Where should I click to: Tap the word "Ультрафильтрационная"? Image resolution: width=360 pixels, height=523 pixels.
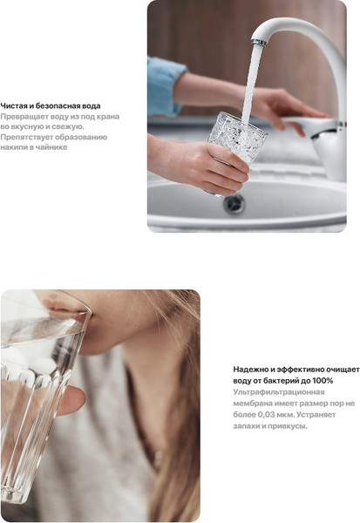pos(279,392)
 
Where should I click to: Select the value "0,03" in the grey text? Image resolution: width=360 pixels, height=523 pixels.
pos(266,415)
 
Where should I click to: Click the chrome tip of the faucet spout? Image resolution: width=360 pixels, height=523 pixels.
pos(259,43)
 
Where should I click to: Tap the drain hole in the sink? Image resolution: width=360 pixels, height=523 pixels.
pos(234,203)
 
